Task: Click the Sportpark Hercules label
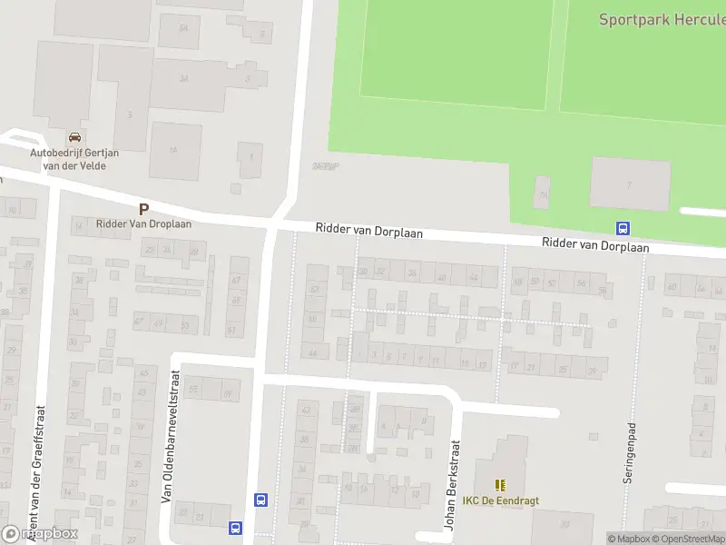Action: tap(662, 19)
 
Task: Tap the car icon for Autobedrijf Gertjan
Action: tap(74, 137)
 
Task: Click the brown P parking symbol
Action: tap(143, 209)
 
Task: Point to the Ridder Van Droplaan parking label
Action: tap(143, 223)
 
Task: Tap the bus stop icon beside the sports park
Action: tap(623, 228)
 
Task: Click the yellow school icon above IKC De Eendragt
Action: tap(500, 485)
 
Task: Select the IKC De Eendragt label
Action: tap(500, 500)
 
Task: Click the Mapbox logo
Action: tap(40, 534)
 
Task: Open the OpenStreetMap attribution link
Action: tap(688, 539)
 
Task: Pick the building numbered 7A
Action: tap(543, 193)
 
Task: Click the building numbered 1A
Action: tap(172, 150)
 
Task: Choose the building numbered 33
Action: tap(564, 523)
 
